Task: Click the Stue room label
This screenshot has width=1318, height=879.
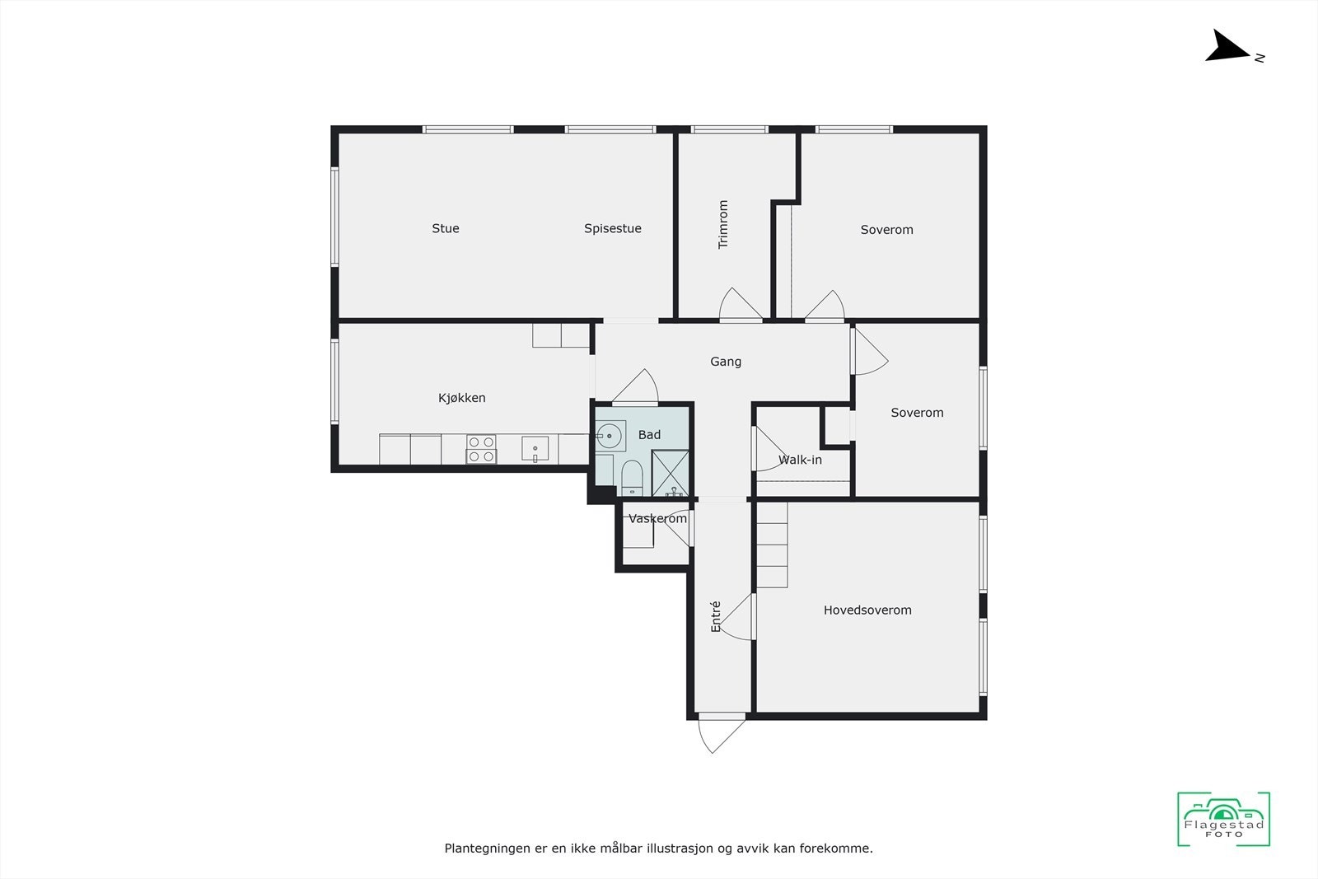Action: (446, 228)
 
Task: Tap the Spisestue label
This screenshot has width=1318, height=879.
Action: (613, 228)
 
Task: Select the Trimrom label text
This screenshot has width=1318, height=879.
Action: (723, 224)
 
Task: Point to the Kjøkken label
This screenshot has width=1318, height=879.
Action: (462, 398)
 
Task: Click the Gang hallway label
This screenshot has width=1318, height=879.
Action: (726, 362)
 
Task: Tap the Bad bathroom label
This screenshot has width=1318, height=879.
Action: (649, 435)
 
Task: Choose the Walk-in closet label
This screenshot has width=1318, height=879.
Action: (800, 460)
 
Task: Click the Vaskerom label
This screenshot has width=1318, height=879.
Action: (657, 518)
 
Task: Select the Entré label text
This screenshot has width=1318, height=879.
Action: (716, 616)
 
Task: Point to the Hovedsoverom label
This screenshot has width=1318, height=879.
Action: (867, 610)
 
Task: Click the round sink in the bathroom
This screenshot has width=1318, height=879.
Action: (610, 435)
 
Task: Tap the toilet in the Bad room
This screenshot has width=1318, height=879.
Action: (632, 478)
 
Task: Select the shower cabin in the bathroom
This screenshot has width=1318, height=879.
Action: (671, 473)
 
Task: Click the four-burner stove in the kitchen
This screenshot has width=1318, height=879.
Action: (482, 449)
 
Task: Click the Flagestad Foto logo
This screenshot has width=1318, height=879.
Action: (1223, 819)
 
